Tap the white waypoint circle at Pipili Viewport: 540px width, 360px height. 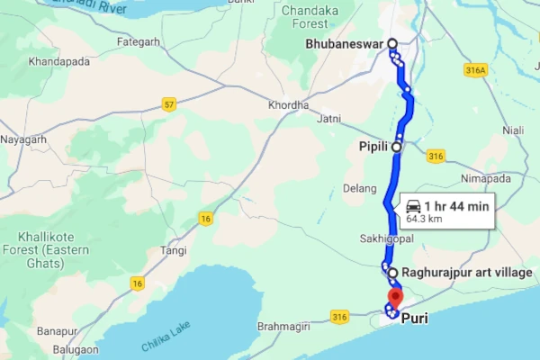pyautogui.click(x=396, y=145)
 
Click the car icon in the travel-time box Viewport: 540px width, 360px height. pyautogui.click(x=414, y=206)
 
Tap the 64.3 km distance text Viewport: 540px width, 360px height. pyautogui.click(x=425, y=218)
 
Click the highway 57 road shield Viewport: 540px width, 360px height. pyautogui.click(x=167, y=105)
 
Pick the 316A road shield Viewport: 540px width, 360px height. pyautogui.click(x=477, y=70)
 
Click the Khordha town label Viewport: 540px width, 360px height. pyautogui.click(x=288, y=105)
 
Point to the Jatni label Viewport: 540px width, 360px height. pyautogui.click(x=329, y=118)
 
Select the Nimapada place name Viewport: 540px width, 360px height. pyautogui.click(x=485, y=178)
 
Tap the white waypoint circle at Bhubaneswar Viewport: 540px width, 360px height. pyautogui.click(x=392, y=43)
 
